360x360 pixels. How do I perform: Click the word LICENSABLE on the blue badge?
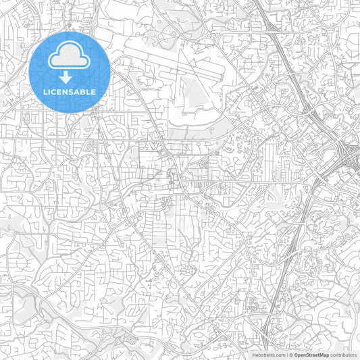70,91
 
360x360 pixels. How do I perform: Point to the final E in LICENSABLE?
94,91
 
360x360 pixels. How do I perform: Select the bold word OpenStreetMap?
310,355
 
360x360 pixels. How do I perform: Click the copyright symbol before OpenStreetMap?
290,355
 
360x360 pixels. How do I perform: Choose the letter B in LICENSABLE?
83,91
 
